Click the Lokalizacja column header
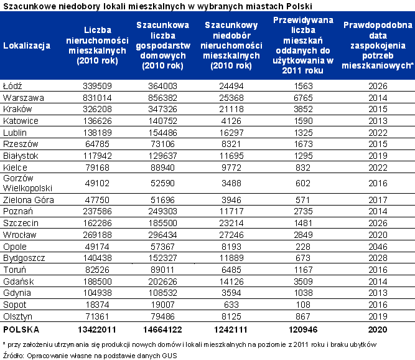27,45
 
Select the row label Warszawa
23,98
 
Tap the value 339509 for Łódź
98,86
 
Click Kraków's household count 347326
162,109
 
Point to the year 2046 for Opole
378,247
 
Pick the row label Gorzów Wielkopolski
27,183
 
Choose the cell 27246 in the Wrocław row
231,235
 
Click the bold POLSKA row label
21,329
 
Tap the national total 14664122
162,329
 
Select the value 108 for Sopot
303,305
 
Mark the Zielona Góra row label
29,200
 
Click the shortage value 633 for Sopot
231,305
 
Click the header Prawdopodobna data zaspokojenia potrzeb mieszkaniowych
378,45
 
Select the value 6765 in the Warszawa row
303,98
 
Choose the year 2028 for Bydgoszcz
378,258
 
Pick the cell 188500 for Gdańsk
98,282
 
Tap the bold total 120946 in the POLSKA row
303,329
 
